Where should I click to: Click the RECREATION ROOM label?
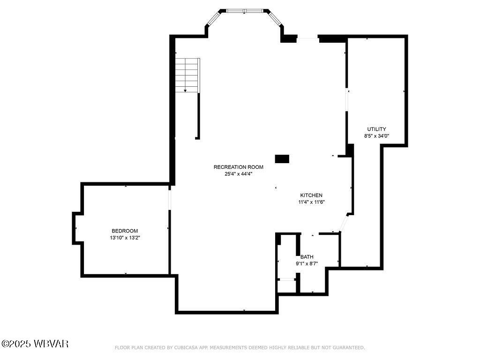[x=238, y=167]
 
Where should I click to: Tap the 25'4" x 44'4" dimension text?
[x=238, y=174]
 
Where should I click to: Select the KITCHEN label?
[x=311, y=195]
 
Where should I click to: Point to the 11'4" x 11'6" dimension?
[x=311, y=202]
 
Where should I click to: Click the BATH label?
[x=307, y=257]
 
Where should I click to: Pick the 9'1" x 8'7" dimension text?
[x=307, y=263]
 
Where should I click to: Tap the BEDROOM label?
[x=125, y=231]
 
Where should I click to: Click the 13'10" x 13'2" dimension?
[x=125, y=238]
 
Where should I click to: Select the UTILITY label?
[x=376, y=129]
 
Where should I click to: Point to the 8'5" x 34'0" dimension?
[x=376, y=136]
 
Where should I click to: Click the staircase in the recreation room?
[x=187, y=75]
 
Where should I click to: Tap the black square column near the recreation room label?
[x=282, y=159]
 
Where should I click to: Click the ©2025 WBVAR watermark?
[x=35, y=344]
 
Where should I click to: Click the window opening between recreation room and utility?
[x=347, y=99]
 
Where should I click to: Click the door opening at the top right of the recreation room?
[x=307, y=38]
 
